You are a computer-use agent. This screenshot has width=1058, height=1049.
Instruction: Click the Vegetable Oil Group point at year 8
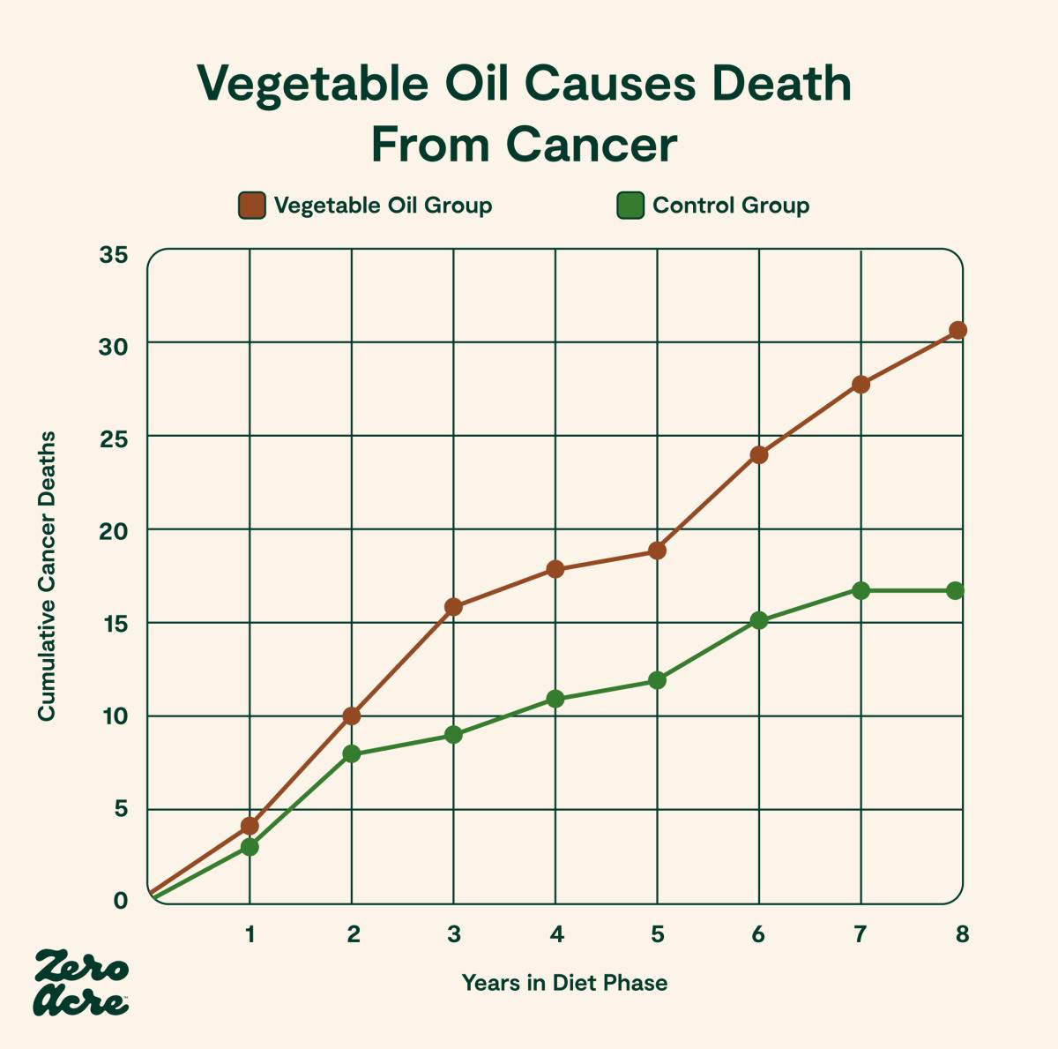[x=957, y=330]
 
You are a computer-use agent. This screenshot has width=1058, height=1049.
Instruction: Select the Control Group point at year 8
[x=956, y=590]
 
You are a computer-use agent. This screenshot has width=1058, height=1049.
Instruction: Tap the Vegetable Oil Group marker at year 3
[x=453, y=607]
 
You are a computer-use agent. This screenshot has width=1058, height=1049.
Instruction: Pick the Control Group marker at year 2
[x=352, y=753]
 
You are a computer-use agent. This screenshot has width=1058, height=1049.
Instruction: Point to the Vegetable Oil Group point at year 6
[x=759, y=455]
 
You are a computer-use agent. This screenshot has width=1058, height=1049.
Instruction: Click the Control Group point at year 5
[x=657, y=680]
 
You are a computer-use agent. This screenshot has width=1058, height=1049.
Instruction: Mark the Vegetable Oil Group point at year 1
[x=250, y=826]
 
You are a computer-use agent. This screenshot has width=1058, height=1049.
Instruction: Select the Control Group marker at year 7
[x=861, y=590]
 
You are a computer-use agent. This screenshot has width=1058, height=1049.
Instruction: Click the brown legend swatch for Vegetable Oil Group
[x=252, y=206]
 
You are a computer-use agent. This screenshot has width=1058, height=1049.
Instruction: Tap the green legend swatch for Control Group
[x=630, y=206]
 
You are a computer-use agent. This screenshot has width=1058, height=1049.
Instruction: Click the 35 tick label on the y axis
[x=114, y=255]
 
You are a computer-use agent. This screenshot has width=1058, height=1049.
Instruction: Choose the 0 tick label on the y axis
[x=120, y=901]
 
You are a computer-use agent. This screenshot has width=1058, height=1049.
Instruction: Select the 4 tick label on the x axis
[x=555, y=933]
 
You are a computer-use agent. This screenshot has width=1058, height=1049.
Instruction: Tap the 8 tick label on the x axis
[x=961, y=933]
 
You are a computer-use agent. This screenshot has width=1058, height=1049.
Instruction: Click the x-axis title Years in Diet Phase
[x=564, y=982]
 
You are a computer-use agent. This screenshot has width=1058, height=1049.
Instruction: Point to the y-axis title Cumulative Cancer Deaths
[x=47, y=575]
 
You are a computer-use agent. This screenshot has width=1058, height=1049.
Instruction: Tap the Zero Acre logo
[x=81, y=982]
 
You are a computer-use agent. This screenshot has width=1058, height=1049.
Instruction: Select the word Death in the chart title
[x=781, y=84]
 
